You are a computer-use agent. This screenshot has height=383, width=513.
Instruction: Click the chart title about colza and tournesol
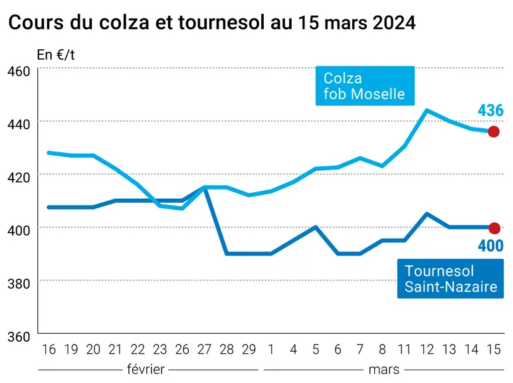[x=212, y=23]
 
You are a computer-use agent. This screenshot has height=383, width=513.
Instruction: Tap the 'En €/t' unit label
[x=56, y=55]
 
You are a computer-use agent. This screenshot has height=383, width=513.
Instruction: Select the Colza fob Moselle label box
[x=365, y=86]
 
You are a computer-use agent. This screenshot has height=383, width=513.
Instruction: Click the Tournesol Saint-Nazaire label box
[x=451, y=279]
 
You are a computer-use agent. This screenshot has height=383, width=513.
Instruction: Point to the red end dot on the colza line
[x=494, y=132]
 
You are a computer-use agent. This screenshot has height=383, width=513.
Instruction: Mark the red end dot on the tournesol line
[x=494, y=228]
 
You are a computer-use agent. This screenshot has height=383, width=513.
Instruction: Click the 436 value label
[x=490, y=110]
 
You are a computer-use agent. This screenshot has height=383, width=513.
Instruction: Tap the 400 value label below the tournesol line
[x=490, y=246]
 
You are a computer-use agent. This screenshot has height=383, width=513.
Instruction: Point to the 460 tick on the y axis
[x=19, y=71]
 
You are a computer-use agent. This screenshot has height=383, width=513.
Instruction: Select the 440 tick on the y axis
[x=19, y=124]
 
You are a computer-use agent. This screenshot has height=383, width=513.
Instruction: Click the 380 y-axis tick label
[x=19, y=284]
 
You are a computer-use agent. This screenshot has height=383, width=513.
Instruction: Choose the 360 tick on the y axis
[x=19, y=337]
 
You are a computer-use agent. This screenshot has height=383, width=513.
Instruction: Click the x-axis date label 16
[x=49, y=350]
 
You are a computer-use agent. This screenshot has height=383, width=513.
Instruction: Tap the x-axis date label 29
[x=249, y=350]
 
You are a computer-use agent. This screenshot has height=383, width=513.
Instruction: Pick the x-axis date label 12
[x=427, y=350]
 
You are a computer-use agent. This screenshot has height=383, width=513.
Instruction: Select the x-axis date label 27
[x=205, y=350]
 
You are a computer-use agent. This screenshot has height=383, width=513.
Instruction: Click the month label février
[x=146, y=370]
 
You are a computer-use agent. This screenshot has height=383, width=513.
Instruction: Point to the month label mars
[x=384, y=370]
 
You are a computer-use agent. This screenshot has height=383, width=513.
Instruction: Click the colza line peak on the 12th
[x=427, y=110]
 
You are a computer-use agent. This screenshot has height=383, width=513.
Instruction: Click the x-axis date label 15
[x=494, y=350]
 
